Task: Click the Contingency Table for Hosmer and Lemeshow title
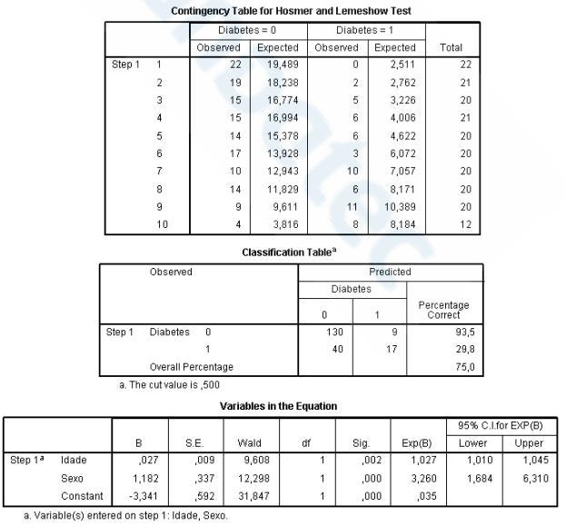pyautogui.click(x=283, y=9)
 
